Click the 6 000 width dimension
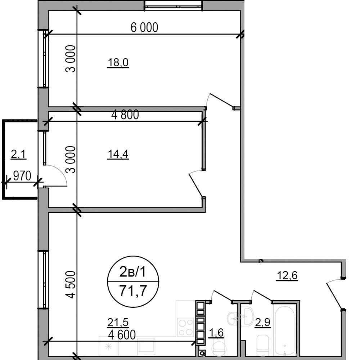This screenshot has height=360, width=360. pos(144,27)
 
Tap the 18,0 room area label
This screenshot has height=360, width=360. pos(118,62)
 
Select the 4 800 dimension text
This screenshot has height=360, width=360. pos(125,114)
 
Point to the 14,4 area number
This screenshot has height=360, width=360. pos(118,154)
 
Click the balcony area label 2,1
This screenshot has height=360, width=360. pos(19,154)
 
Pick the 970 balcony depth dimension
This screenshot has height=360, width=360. pos(22,176)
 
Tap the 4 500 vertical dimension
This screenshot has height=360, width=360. pos(70,284)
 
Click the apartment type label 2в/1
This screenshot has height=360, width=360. pos(133,272)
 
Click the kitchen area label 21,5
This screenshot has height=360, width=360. pos(118,322)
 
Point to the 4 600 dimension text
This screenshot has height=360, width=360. pos(122,335)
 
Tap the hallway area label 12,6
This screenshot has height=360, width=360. pos(287,275)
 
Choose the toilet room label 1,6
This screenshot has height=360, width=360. pos(216,332)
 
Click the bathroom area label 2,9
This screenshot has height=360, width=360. pos(263,323)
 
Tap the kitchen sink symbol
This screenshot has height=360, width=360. pos(146,346)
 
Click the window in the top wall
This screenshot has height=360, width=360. pos(174,5)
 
